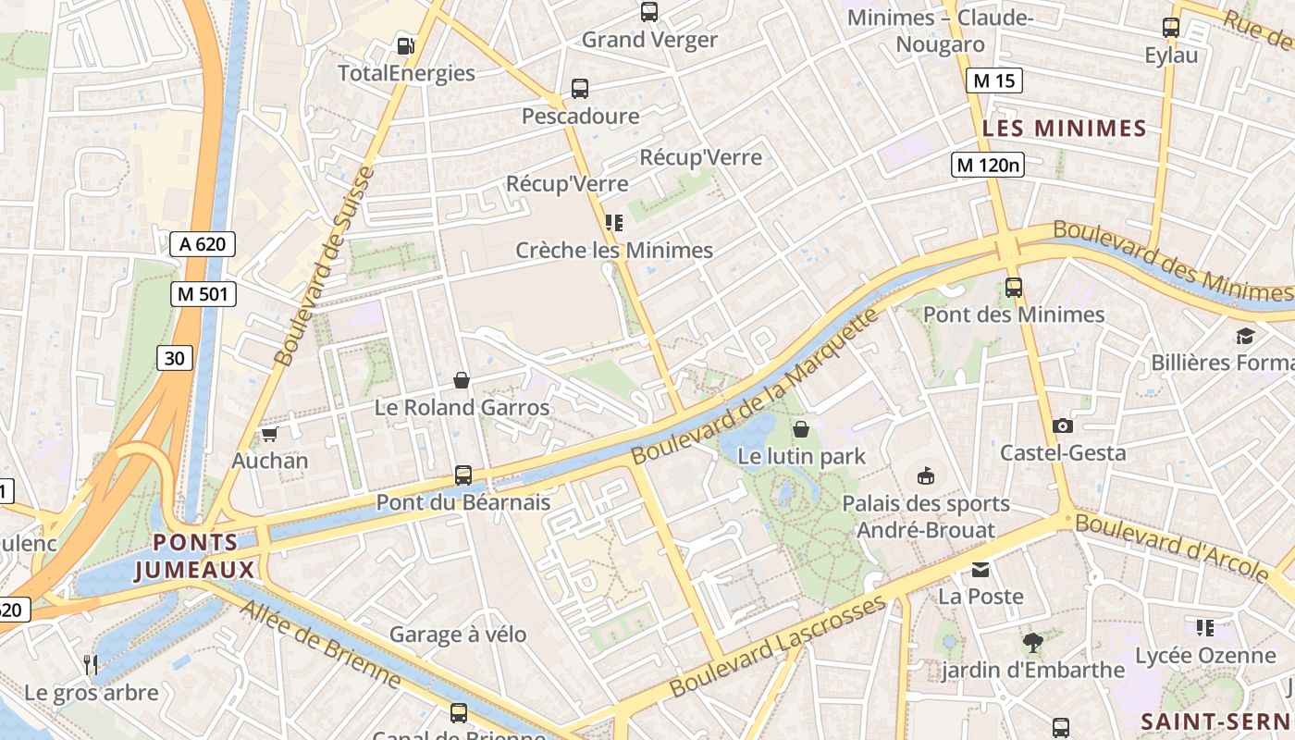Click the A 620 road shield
click(203, 244)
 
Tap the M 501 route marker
click(203, 294)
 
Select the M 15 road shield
click(994, 80)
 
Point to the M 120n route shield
click(989, 165)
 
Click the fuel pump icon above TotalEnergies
click(405, 45)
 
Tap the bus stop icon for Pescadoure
click(580, 89)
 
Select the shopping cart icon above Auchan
click(270, 434)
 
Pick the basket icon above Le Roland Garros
click(462, 380)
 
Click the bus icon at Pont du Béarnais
click(463, 475)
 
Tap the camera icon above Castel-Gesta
click(1063, 425)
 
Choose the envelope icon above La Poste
click(980, 569)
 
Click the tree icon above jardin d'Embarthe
click(1033, 642)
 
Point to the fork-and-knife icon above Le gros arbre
click(91, 664)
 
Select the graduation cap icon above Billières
click(1245, 335)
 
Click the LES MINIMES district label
click(1064, 129)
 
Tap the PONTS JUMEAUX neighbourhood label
click(194, 556)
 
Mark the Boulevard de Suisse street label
click(325, 265)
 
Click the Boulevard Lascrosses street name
click(777, 647)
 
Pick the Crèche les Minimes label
click(614, 250)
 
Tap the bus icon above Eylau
click(1171, 28)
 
